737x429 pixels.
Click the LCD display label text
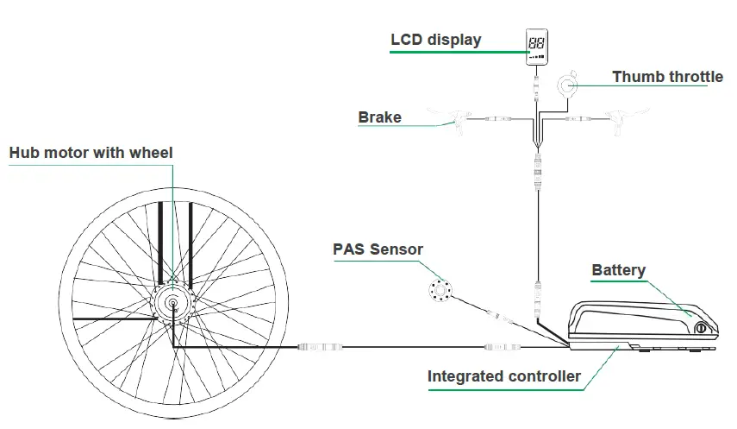[435, 40]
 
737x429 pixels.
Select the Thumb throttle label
[667, 77]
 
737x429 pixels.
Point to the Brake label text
[379, 117]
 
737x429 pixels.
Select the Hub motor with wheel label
[91, 153]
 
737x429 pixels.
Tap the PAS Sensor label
[378, 249]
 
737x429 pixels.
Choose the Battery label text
[618, 270]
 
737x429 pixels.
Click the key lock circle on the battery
[701, 328]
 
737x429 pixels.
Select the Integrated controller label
[504, 376]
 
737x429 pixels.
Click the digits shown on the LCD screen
[535, 41]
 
